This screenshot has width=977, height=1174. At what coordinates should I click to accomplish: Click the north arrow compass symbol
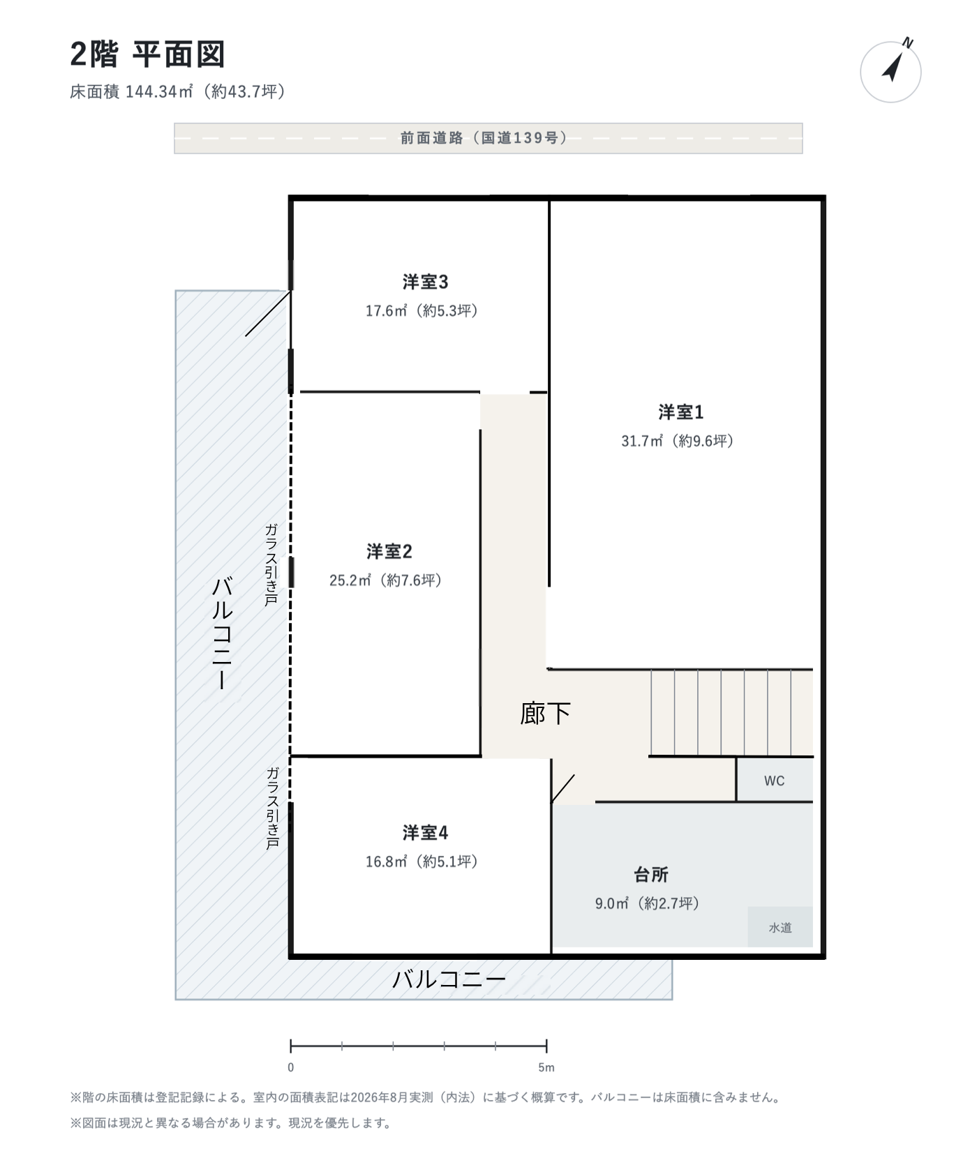tap(891, 71)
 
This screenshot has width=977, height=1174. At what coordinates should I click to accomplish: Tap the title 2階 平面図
tap(147, 54)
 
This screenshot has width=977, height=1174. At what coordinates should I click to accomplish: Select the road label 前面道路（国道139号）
tap(484, 138)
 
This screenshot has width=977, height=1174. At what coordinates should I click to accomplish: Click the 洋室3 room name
tap(425, 282)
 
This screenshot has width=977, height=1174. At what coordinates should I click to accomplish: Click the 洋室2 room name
tap(389, 552)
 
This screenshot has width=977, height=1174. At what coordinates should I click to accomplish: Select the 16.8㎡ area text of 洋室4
tap(386, 861)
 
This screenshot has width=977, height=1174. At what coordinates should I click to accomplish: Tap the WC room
tap(775, 780)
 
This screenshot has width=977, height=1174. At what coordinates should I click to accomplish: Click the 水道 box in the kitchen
tap(780, 927)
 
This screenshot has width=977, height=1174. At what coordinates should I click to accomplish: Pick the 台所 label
tap(651, 875)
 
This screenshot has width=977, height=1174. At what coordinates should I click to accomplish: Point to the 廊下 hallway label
tap(545, 714)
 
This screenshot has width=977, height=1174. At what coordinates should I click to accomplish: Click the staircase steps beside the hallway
tap(732, 712)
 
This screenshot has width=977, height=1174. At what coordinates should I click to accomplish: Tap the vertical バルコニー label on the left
tap(222, 633)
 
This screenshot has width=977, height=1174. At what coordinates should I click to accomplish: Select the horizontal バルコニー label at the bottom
tap(449, 979)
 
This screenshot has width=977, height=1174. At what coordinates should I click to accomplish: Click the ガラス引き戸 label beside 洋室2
tap(271, 564)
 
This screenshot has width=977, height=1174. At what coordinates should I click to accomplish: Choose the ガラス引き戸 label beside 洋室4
tap(273, 808)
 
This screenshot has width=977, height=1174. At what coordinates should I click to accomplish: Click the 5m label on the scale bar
tap(546, 1067)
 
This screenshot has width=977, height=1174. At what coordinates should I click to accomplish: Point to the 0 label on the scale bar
tap(291, 1067)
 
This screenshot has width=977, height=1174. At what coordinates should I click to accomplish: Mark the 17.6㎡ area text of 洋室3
tap(386, 311)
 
